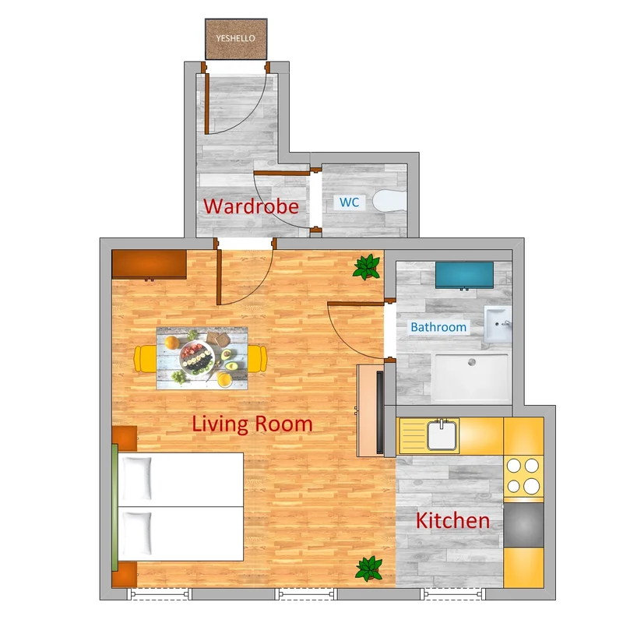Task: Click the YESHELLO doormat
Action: pos(236,39)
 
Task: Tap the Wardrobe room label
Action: pos(251,206)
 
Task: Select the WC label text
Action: pos(349,202)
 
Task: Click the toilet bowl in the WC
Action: pos(390,201)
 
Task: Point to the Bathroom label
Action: pos(438,327)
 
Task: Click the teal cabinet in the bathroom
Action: pos(464,275)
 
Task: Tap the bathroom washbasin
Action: pos(498,324)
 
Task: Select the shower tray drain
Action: pos(472,362)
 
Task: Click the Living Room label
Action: pos(252,424)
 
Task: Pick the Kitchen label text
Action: pos(453,520)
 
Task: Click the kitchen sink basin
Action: pos(442,436)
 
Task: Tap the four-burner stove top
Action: pos(523,476)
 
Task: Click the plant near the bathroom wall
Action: pos(367,266)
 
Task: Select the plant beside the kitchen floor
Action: pos(369,568)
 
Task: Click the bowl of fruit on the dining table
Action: pos(197,357)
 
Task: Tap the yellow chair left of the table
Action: pos(146,359)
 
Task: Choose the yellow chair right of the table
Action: pos(258,359)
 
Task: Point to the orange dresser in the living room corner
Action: pos(149,264)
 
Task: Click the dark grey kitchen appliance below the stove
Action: pos(523,525)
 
